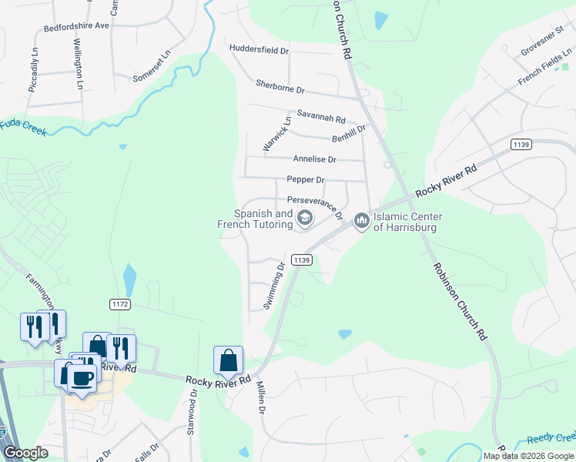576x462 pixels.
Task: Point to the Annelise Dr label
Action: point(314,159)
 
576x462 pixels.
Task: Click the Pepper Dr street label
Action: point(306,179)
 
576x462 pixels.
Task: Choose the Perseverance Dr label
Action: point(314,204)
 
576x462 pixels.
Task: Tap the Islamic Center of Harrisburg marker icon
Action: point(361,222)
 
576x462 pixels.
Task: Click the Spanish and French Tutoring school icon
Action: point(304,219)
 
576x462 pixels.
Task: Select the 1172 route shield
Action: point(119,304)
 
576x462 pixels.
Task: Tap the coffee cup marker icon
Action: point(83,377)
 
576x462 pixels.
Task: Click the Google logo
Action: point(25,453)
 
